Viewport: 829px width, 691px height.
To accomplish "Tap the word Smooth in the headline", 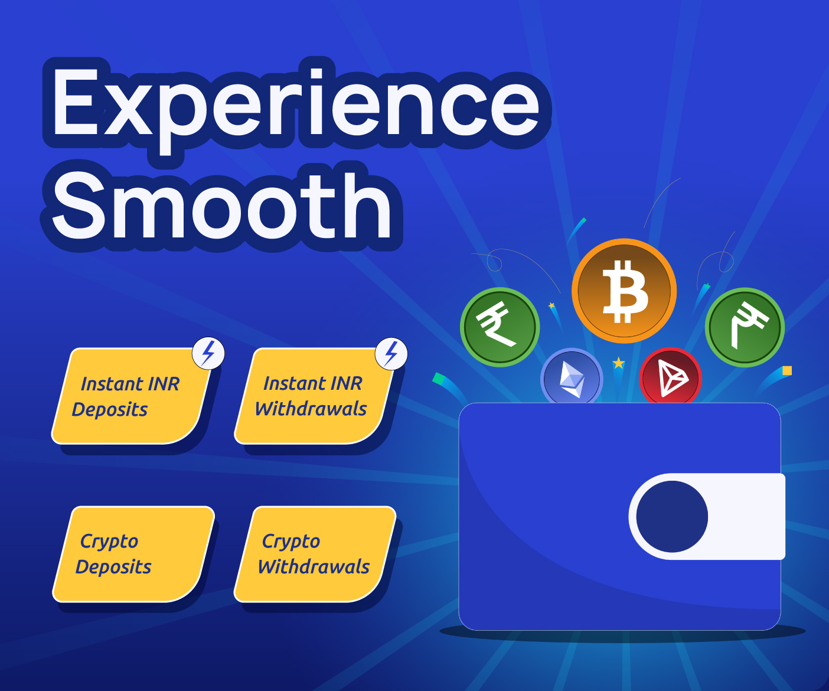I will pos(222,207).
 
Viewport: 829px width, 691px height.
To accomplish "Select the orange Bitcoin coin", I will pos(624,291).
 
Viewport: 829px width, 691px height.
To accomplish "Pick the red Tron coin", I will pos(670,377).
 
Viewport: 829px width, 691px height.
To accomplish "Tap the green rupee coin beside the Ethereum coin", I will pos(500,327).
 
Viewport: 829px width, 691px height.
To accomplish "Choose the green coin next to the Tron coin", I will pos(745,327).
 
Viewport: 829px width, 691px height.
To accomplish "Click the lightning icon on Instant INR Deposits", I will pos(208,353).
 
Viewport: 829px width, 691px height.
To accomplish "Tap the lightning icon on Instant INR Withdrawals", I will pos(391,353).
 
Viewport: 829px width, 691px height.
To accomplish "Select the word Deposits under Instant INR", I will pos(110,409).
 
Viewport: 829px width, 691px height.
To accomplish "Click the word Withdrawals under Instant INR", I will pos(311,409).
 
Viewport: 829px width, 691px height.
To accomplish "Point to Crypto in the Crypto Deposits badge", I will pos(109,541).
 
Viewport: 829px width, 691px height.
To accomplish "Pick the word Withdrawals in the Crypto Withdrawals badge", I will pos(314,567).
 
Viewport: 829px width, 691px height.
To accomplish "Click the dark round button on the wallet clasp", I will pos(672,516).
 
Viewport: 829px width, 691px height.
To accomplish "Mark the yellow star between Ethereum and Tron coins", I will pos(618,363).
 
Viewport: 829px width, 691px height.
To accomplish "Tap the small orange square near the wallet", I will pos(787,371).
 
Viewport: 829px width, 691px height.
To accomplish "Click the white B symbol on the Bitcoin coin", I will pos(625,291).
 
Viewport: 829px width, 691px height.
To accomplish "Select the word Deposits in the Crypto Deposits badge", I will pos(113,567).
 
